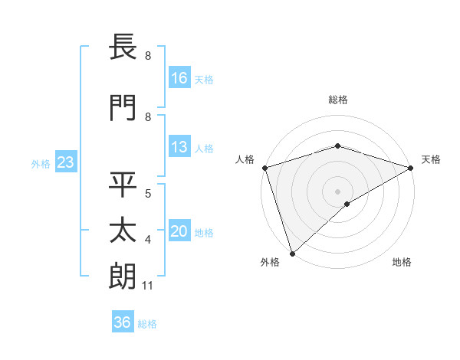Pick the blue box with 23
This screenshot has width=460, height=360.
pos(65,162)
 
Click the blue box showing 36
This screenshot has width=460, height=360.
pos(123,322)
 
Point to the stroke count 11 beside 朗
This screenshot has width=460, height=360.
pos(147,286)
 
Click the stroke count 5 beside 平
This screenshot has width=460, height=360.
pos(147,192)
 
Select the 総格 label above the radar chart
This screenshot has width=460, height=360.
pos(337,100)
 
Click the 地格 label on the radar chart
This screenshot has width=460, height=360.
pos(402,262)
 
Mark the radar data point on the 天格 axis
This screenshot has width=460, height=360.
pos(411,168)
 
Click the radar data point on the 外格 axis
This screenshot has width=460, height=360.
pos(292,253)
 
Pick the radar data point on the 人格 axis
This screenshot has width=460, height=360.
pos(264,168)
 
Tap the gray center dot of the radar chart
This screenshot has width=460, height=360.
pos(337,191)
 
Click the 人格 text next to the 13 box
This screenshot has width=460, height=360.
pos(204,149)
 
